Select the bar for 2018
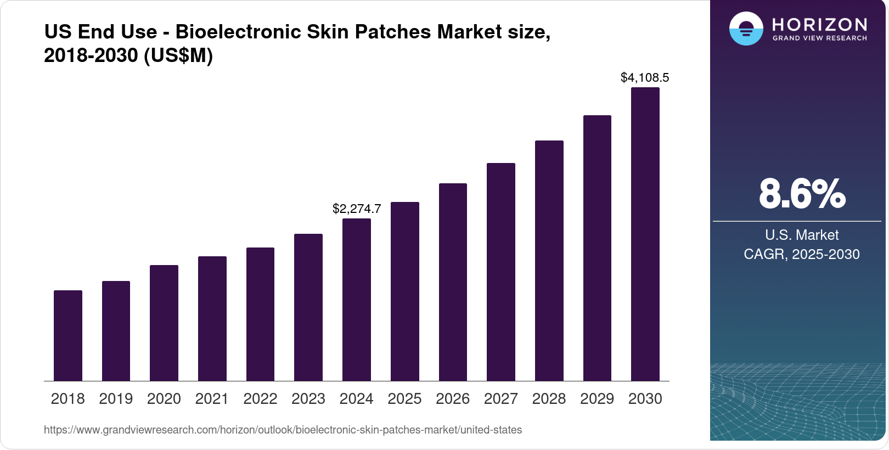[x=68, y=336]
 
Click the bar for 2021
[x=212, y=319]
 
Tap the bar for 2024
[x=357, y=300]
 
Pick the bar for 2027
[x=501, y=272]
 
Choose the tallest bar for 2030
[x=645, y=234]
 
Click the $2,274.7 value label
[x=357, y=209]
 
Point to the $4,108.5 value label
[x=645, y=77]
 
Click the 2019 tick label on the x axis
[x=116, y=398]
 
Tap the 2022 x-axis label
[x=260, y=398]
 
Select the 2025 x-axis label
[x=404, y=398]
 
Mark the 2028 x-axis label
[x=549, y=398]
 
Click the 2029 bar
[x=597, y=248]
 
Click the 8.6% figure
[x=802, y=194]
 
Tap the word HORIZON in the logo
[x=819, y=25]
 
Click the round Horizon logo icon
[x=746, y=29]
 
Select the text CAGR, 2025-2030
[x=801, y=254]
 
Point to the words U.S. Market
[x=802, y=235]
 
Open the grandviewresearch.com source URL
[x=283, y=430]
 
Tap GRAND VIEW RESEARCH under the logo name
[x=819, y=38]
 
